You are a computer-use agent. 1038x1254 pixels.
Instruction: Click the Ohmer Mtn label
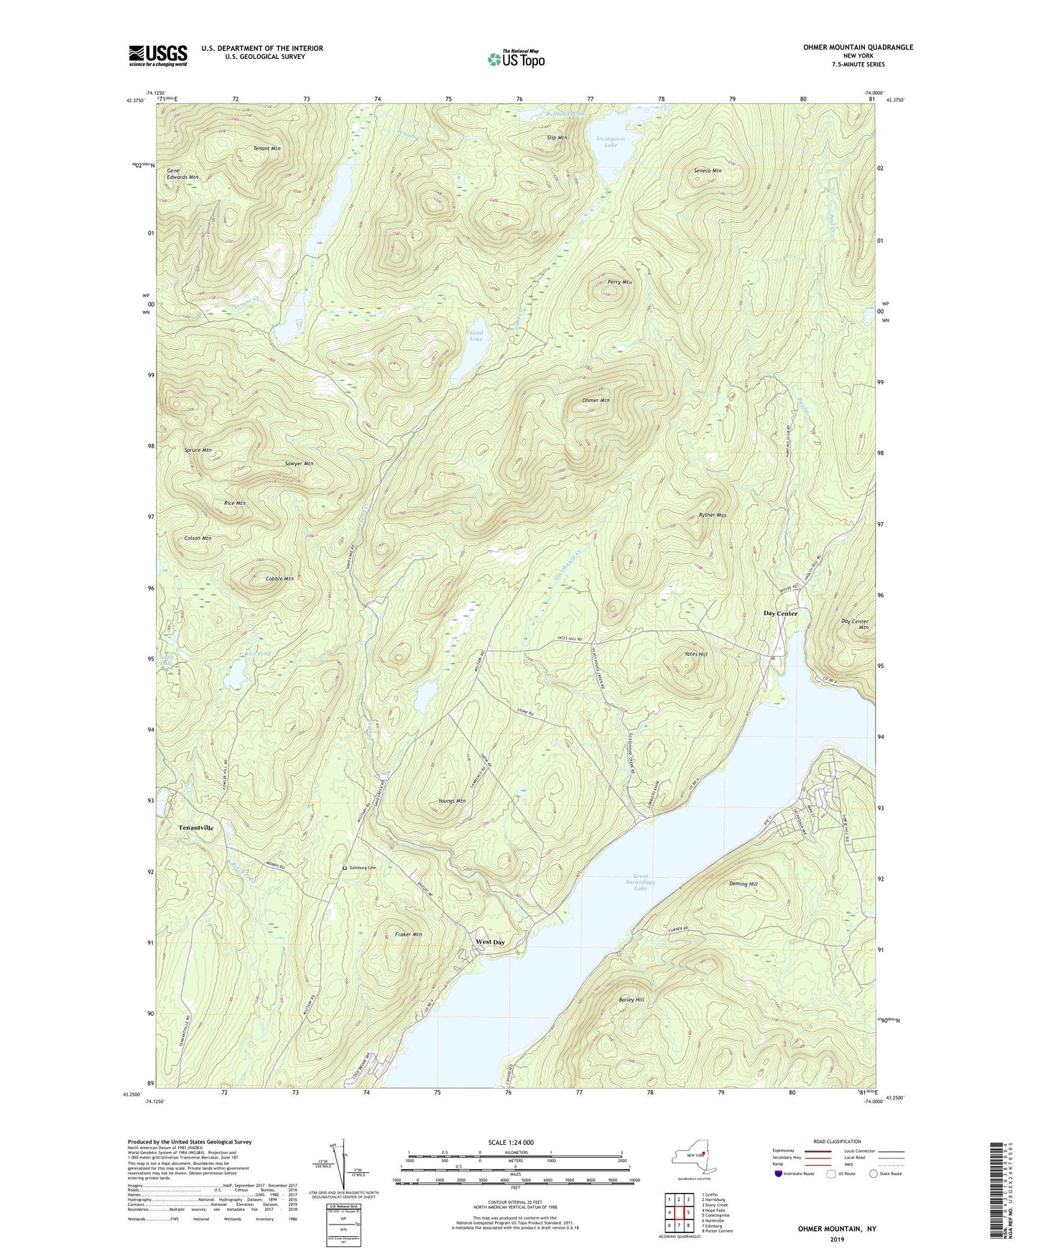[x=596, y=400]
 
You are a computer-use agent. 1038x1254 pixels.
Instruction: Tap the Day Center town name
[x=780, y=613]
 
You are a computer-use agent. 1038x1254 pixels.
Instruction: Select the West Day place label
[x=490, y=942]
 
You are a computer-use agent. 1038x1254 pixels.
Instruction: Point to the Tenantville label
[x=196, y=827]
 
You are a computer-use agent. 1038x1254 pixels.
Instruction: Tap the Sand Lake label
[x=476, y=336]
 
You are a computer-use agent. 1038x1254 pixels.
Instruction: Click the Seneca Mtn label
[x=708, y=171]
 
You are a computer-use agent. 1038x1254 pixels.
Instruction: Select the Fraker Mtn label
[x=408, y=934]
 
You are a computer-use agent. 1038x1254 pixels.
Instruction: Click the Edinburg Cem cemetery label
[x=363, y=868]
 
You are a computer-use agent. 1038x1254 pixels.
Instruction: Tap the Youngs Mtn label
[x=452, y=801]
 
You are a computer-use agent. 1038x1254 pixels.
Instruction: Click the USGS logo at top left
[x=158, y=55]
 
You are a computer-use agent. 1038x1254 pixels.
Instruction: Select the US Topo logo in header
[x=515, y=59]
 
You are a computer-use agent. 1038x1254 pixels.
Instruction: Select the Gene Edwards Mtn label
[x=182, y=173]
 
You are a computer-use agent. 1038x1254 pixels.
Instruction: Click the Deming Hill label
[x=743, y=884]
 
